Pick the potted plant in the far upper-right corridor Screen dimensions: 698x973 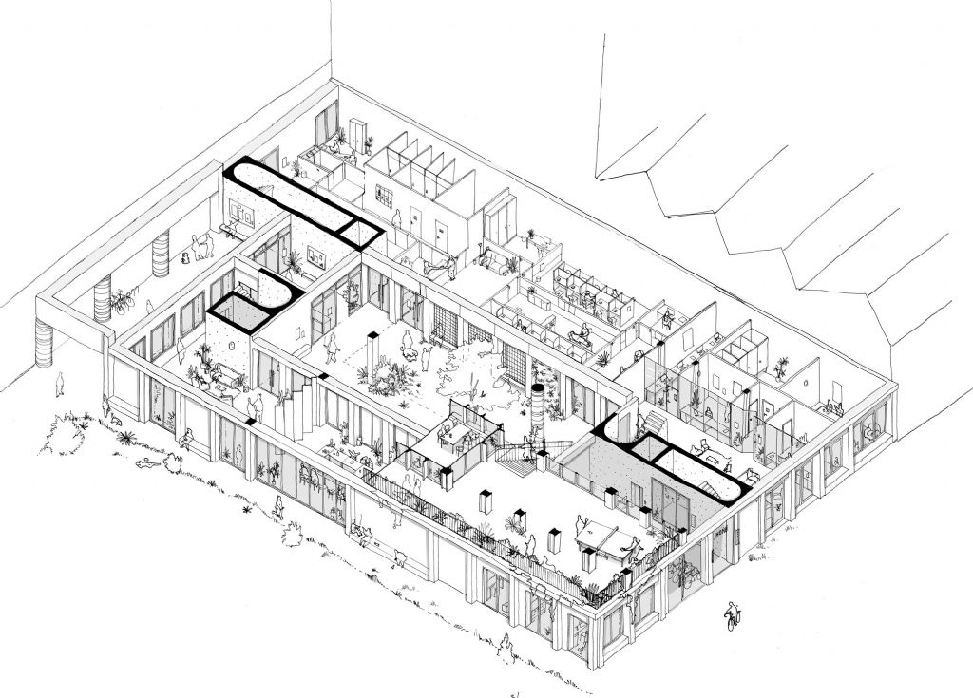click(x=781, y=367)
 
